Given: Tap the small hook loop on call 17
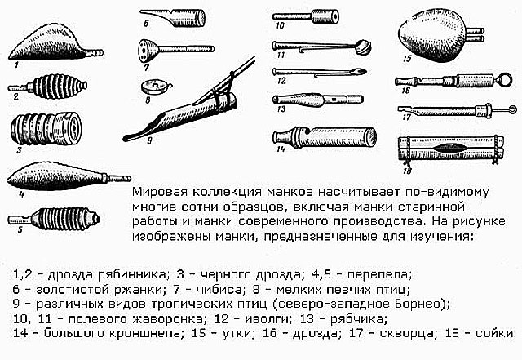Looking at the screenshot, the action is click(x=512, y=109).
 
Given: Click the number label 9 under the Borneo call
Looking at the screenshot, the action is click(x=149, y=140).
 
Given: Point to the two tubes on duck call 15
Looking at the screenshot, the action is click(x=476, y=35).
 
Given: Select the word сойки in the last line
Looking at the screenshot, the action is click(x=494, y=333).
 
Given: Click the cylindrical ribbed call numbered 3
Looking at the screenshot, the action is click(x=46, y=129).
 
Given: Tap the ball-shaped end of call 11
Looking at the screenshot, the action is click(x=364, y=47).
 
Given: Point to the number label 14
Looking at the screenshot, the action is click(x=281, y=149).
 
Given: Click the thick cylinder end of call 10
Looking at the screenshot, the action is click(x=325, y=16).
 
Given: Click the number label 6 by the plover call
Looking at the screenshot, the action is click(x=146, y=24).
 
